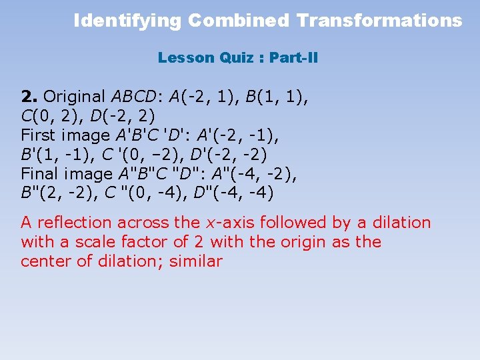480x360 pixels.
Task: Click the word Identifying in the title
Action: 127,21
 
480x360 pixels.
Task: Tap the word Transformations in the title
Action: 379,21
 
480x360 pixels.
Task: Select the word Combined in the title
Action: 239,21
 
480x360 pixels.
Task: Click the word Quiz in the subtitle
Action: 234,58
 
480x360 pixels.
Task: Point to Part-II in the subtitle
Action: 294,58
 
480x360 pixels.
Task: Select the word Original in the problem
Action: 74,97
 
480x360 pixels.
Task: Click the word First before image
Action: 37,135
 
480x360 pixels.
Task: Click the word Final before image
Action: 39,174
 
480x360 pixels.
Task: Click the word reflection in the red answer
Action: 75,223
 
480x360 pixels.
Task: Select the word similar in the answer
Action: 195,261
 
